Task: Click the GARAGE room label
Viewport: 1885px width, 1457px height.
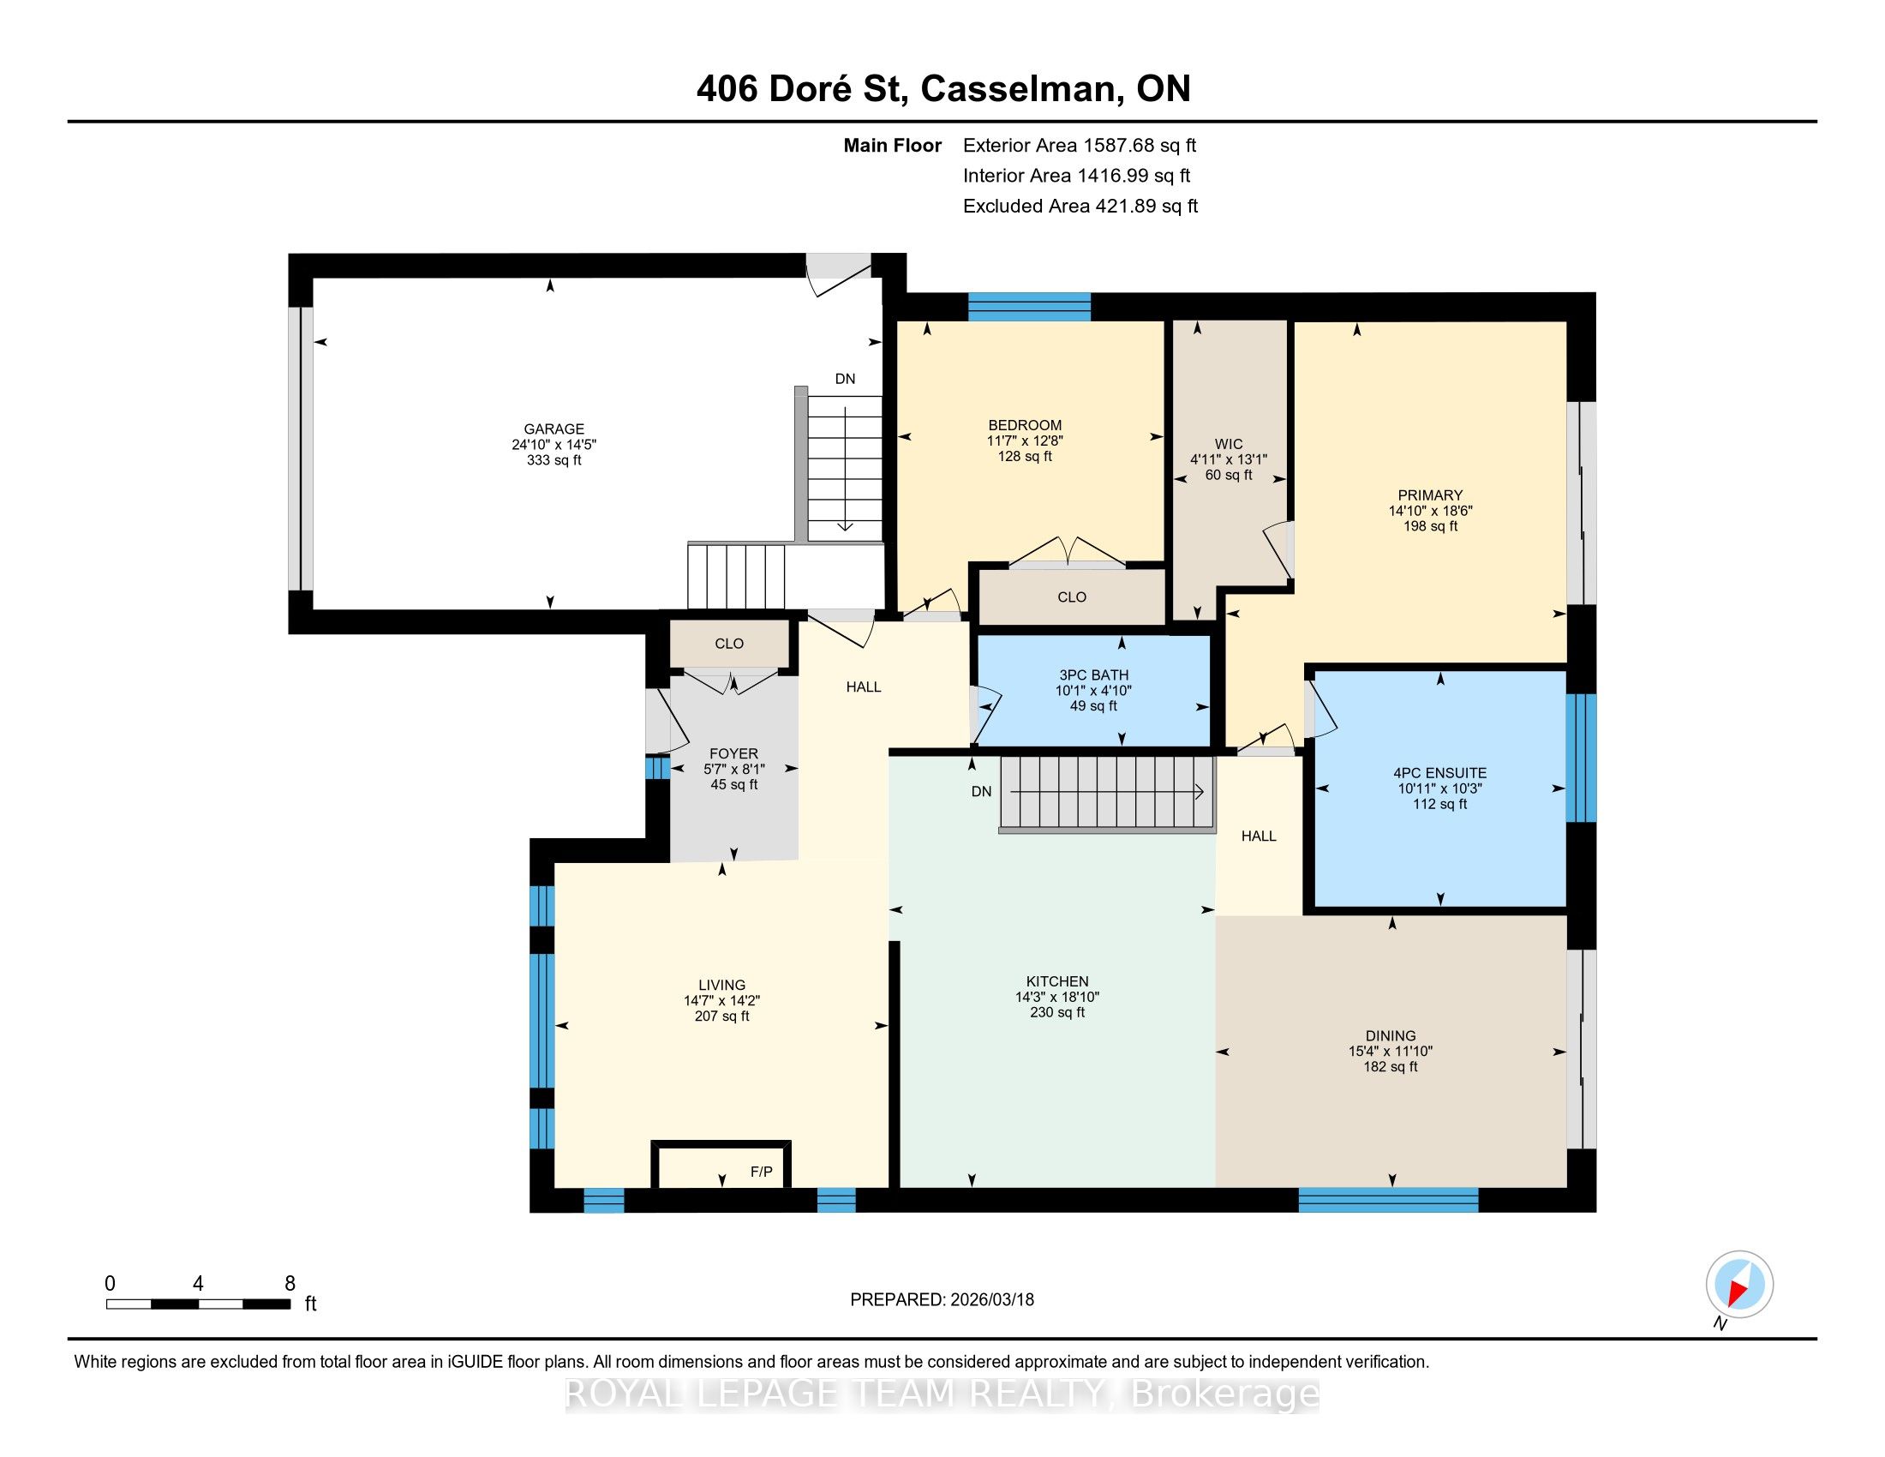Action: click(554, 429)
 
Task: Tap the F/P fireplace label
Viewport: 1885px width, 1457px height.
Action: click(761, 1172)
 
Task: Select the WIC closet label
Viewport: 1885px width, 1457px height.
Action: click(1229, 445)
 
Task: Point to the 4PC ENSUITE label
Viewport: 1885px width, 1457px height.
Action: click(1439, 773)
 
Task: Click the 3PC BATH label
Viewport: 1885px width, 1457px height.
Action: click(1093, 675)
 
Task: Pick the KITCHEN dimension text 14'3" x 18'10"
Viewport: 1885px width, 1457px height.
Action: click(1057, 997)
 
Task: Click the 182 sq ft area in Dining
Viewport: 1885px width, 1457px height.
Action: click(1391, 1067)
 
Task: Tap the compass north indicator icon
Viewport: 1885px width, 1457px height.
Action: click(1739, 1285)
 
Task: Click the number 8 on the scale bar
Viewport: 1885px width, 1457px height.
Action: click(290, 1284)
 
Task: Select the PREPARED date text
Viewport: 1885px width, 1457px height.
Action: click(942, 1300)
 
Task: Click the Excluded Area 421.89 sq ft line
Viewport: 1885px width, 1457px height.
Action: click(1080, 207)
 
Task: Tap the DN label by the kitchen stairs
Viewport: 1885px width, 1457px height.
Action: click(981, 792)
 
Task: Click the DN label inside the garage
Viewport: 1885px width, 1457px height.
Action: click(845, 379)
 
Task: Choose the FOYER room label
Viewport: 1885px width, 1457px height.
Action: click(733, 753)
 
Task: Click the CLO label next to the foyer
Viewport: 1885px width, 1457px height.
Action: click(729, 643)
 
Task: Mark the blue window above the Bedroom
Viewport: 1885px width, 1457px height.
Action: click(1029, 307)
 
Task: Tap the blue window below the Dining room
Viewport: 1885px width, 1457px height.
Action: click(1389, 1200)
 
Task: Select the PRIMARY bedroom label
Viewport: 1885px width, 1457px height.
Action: click(1430, 495)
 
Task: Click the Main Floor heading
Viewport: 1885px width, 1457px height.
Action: click(893, 146)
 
